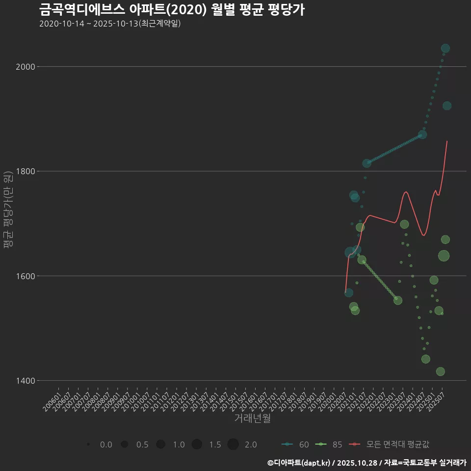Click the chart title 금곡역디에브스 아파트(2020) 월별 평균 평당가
pyautogui.click(x=172, y=9)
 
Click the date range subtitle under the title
pyautogui.click(x=110, y=24)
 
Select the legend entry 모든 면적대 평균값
pyautogui.click(x=391, y=445)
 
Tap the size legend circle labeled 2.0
pyautogui.click(x=233, y=445)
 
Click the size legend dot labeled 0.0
pyautogui.click(x=88, y=445)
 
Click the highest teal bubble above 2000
pyautogui.click(x=445, y=48)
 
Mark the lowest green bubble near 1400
pyautogui.click(x=441, y=371)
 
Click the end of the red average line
pyautogui.click(x=447, y=141)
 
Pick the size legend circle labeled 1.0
pyautogui.click(x=160, y=445)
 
